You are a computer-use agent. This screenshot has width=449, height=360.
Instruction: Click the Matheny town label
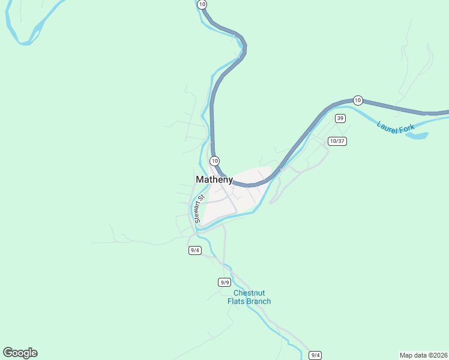tap(214, 179)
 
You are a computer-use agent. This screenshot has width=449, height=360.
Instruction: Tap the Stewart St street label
tap(199, 208)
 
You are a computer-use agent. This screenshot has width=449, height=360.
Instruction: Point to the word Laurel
tap(388, 127)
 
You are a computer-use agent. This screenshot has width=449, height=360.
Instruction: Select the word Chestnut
tap(249, 293)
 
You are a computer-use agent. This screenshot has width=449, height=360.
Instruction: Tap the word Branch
tap(259, 301)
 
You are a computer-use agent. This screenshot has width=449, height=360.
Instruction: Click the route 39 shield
tap(340, 118)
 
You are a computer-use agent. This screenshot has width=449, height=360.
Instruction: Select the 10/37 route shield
tap(337, 141)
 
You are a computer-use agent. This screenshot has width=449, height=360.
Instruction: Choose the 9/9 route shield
tap(224, 282)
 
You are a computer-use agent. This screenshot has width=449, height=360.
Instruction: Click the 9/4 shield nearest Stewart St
tap(194, 250)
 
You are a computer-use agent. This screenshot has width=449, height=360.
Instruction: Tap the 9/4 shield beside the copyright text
tap(315, 355)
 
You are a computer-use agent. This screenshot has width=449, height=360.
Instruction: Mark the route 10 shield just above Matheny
tap(214, 161)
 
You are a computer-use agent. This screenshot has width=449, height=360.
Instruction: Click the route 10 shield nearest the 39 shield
tap(358, 100)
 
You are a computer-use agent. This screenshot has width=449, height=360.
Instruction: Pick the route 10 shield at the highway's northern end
tap(202, 4)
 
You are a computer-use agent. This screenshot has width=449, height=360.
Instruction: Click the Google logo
tap(20, 353)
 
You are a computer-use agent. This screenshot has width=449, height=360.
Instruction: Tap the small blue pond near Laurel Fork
tap(417, 136)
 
